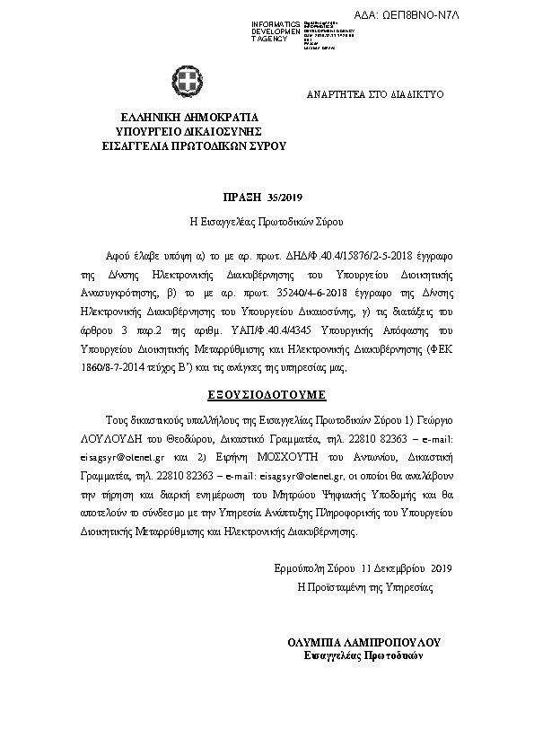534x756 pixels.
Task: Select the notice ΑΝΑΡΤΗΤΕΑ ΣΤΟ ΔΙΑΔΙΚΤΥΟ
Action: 374,94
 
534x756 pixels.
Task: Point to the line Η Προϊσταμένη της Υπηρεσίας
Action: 364,587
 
